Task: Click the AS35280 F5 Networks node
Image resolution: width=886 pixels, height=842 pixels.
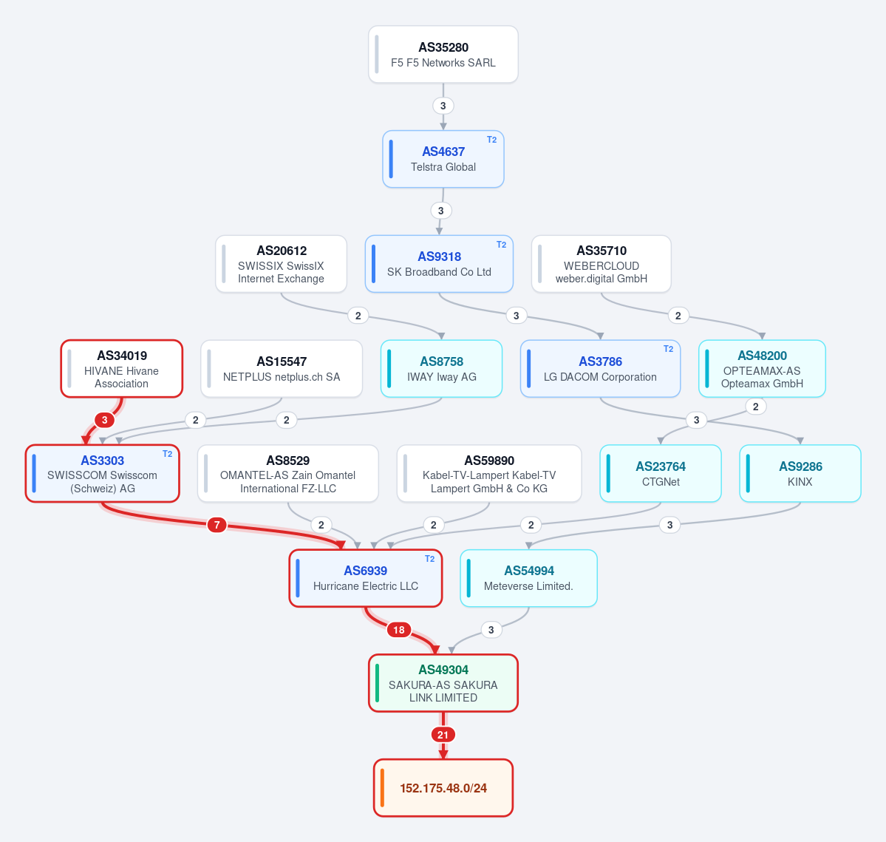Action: (443, 54)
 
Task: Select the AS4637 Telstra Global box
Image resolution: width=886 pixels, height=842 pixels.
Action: (443, 159)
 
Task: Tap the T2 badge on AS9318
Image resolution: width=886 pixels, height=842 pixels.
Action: (501, 245)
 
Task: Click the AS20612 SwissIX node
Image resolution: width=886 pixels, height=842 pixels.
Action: (281, 264)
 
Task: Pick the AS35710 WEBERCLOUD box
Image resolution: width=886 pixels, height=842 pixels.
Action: (602, 264)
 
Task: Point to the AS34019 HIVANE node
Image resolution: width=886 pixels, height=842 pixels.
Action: (121, 368)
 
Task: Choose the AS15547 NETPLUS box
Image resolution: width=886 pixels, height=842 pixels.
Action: (282, 368)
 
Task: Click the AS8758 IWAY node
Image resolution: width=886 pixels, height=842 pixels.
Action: (441, 368)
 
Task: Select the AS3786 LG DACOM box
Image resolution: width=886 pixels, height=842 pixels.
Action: (600, 368)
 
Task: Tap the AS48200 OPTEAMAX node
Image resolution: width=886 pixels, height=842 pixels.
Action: (762, 368)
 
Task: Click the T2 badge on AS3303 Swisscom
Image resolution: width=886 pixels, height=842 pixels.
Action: (167, 454)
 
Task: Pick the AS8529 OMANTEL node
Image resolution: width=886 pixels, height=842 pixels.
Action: (287, 474)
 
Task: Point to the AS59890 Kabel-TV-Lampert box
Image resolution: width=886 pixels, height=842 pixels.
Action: (488, 474)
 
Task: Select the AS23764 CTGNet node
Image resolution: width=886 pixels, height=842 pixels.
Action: (661, 474)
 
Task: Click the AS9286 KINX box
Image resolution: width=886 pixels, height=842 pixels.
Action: (800, 474)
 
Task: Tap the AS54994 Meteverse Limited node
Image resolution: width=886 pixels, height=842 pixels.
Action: (528, 578)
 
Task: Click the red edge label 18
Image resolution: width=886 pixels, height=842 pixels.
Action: (399, 630)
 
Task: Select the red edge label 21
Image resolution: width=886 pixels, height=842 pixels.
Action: (443, 735)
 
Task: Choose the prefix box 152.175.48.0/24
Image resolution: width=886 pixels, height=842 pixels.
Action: (443, 788)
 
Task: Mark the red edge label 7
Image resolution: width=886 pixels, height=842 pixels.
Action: (217, 525)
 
